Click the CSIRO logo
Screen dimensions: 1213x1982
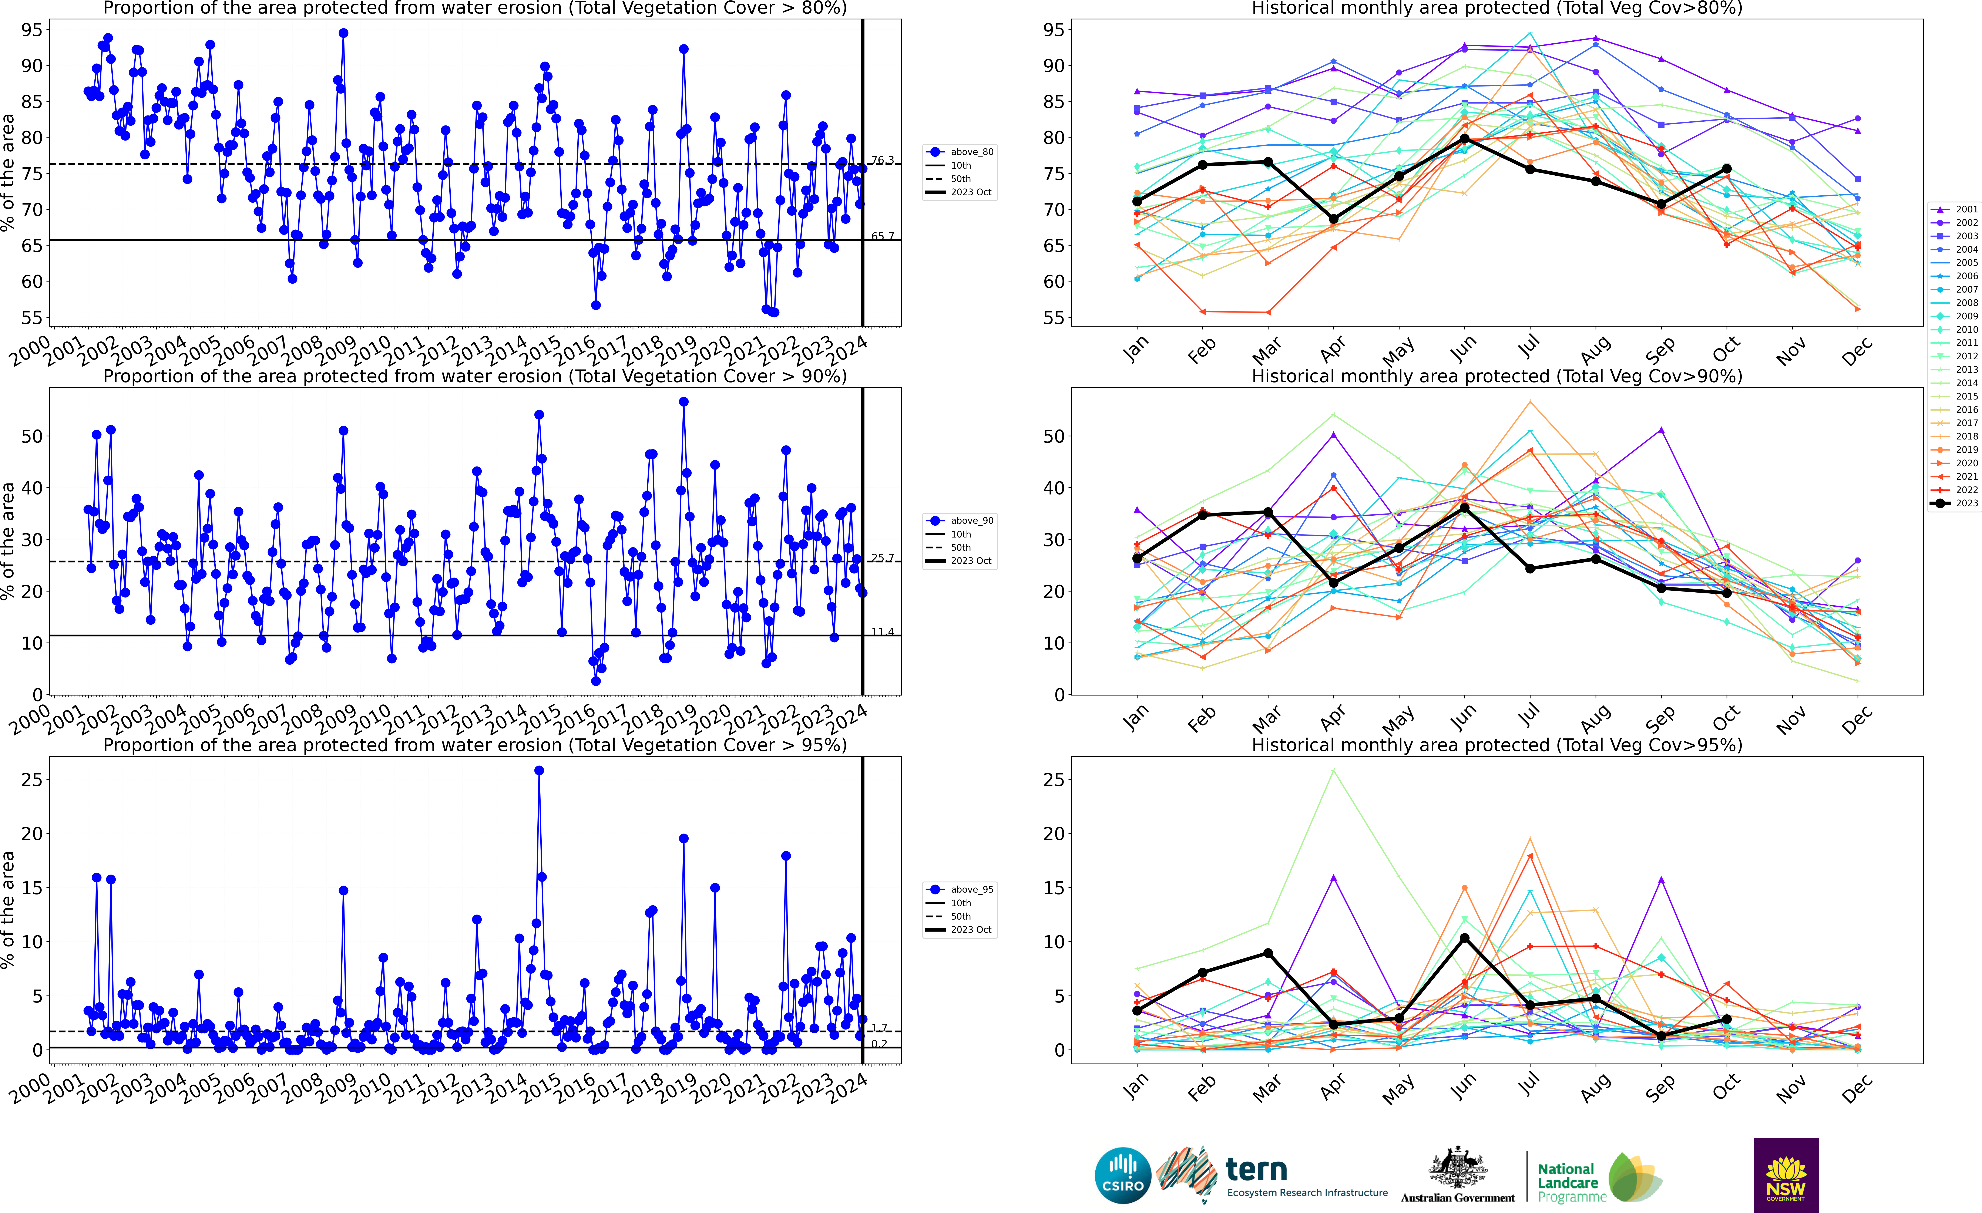pos(1123,1175)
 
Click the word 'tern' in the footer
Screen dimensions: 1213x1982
pos(1256,1169)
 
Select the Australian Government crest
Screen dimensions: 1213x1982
pos(1458,1168)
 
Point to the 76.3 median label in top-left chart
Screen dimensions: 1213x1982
pos(882,160)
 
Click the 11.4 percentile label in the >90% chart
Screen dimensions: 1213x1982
pos(882,631)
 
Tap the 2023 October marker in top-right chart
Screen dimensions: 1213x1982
pos(1726,169)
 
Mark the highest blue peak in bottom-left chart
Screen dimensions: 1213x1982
pos(539,771)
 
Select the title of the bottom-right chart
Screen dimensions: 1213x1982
pos(1497,745)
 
